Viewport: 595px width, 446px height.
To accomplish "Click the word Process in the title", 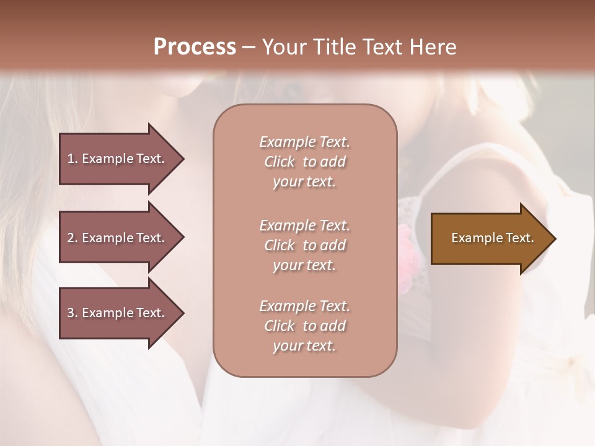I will pyautogui.click(x=195, y=47).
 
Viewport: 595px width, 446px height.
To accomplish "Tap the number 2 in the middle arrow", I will pyautogui.click(x=71, y=238).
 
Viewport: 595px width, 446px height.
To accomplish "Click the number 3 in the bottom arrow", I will pyautogui.click(x=71, y=313).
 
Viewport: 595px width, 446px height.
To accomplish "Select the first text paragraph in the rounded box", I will pyautogui.click(x=304, y=162).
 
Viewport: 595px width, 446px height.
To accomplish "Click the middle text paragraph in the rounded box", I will pyautogui.click(x=304, y=245).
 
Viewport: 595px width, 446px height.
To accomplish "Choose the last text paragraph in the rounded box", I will pyautogui.click(x=304, y=326).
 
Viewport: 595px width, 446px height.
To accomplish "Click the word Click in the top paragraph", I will pyautogui.click(x=280, y=162).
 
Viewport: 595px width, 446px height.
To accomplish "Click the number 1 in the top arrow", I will pyautogui.click(x=71, y=159).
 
